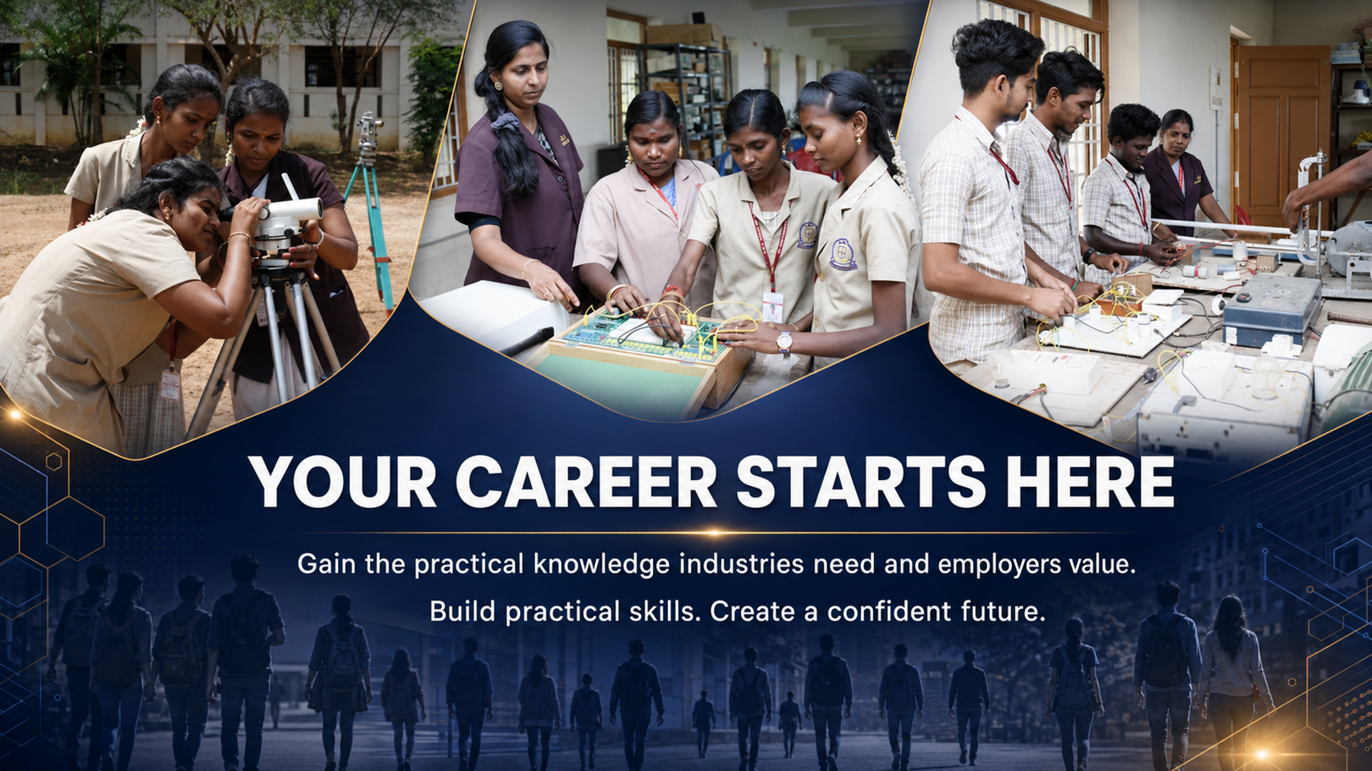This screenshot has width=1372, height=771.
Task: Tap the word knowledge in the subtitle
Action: tap(602, 565)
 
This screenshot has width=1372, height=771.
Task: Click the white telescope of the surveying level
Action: tap(289, 210)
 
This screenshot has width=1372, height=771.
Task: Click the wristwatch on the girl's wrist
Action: tap(785, 342)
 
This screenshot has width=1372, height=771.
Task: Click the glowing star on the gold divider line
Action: tap(713, 532)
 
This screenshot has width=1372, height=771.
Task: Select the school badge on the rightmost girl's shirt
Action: tap(843, 254)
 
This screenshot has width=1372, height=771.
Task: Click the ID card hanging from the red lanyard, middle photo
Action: tap(772, 306)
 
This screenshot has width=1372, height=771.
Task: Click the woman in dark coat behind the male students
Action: tap(1180, 169)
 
